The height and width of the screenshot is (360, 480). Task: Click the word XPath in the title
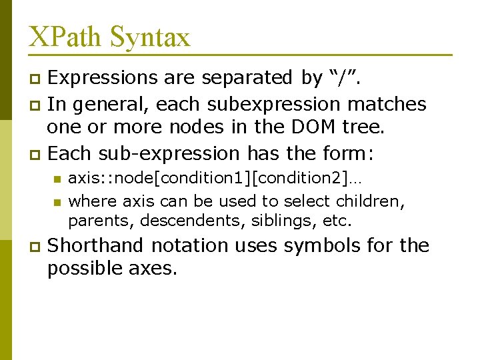(x=65, y=37)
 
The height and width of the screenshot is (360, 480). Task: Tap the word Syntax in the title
(x=150, y=37)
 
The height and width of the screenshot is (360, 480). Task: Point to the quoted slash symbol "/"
(x=342, y=78)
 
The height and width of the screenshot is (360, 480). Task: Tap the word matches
(x=391, y=105)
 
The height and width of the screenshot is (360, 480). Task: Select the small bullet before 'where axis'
(x=57, y=201)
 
